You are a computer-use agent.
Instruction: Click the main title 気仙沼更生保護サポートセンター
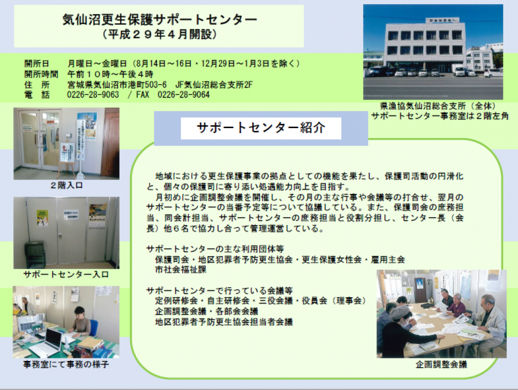(x=160, y=20)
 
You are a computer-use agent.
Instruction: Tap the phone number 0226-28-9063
(x=93, y=94)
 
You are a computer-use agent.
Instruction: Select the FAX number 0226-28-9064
(x=183, y=94)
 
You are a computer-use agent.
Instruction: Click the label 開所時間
(x=41, y=74)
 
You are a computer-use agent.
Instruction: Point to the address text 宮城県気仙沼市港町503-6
(x=117, y=85)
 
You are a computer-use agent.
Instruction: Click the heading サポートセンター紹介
(x=261, y=128)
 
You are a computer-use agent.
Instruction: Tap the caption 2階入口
(x=66, y=185)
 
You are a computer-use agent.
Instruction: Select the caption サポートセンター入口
(x=66, y=274)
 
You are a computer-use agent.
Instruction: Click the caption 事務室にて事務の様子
(x=66, y=364)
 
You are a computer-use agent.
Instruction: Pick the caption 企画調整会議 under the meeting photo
(x=441, y=364)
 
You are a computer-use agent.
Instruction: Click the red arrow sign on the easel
(x=65, y=148)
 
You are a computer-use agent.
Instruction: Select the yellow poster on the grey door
(x=42, y=217)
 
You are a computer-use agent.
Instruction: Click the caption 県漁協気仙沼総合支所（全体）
(x=439, y=106)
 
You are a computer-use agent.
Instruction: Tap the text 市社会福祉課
(x=181, y=270)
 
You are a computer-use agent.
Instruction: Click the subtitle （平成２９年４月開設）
(x=160, y=34)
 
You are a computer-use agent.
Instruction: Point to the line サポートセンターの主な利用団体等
(x=215, y=249)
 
